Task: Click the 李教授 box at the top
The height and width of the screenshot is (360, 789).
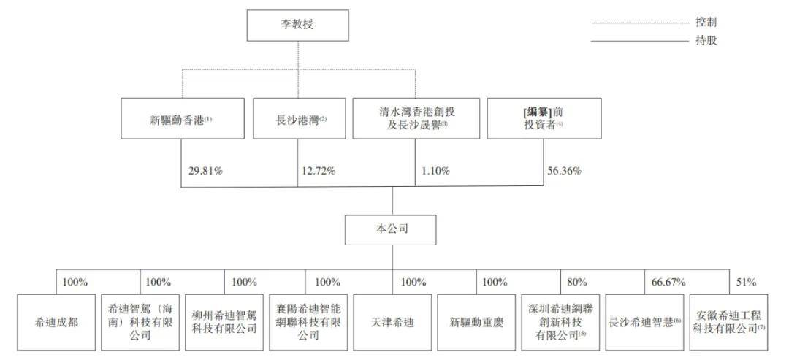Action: point(297,26)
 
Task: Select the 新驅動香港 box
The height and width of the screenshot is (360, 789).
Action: point(183,118)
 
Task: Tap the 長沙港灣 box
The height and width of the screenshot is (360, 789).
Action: point(299,118)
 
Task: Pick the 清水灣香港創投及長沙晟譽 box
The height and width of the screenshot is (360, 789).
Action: point(415,118)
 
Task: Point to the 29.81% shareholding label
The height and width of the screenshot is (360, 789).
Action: point(205,171)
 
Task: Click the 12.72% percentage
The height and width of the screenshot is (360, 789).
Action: point(319,171)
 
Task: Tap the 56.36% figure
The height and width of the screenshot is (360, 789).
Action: point(565,171)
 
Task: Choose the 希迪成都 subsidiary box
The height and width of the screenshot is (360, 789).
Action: point(56,322)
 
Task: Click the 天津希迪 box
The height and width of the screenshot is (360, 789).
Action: point(392,322)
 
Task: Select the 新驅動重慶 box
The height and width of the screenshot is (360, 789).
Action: point(476,322)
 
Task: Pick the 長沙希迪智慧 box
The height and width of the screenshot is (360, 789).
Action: point(644,322)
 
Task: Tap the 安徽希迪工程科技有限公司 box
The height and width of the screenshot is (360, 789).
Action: point(728,322)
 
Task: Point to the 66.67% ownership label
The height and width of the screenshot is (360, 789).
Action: point(668,282)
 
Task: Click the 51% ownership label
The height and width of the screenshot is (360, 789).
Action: point(746,282)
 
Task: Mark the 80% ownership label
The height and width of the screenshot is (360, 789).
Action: point(577,282)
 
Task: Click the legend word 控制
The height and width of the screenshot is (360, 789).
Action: point(706,22)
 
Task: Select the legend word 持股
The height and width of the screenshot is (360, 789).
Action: point(706,41)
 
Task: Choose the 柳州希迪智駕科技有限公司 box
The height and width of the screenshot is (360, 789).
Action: point(224,322)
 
